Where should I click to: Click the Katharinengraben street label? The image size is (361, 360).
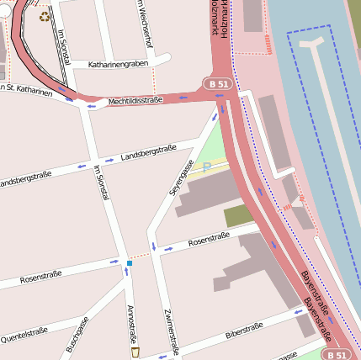click(119, 63)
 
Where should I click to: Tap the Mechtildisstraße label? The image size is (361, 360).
click(135, 101)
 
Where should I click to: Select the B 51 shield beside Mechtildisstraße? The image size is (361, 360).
click(217, 83)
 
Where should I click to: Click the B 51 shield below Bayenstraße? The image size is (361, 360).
click(337, 354)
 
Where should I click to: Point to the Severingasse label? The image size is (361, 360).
click(182, 177)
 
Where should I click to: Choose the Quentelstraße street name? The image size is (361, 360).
click(24, 335)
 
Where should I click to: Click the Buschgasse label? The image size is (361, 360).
click(77, 335)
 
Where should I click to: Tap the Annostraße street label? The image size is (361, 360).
click(131, 324)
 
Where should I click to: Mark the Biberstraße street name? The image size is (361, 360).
click(244, 330)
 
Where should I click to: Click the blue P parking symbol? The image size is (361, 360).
click(206, 167)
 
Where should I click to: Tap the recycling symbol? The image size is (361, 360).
click(45, 14)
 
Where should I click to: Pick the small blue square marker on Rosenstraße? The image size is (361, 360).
click(130, 263)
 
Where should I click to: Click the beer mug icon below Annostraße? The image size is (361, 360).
click(135, 352)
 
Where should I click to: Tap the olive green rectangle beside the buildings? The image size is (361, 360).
click(238, 215)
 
